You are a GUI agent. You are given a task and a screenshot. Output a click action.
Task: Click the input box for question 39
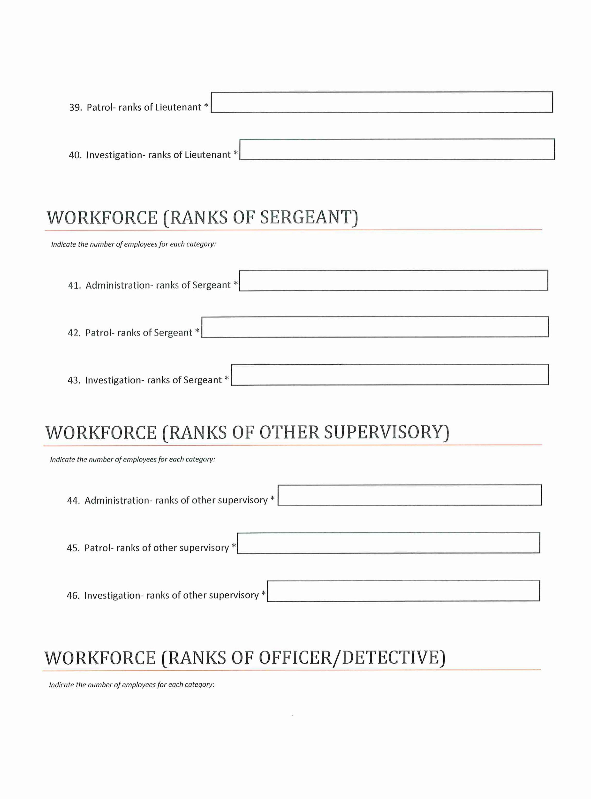point(381,102)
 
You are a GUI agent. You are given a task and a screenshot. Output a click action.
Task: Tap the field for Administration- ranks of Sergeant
point(393,281)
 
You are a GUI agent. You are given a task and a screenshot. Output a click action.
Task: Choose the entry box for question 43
point(390,375)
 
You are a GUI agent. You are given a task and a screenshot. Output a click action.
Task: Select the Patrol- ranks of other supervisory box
point(388,543)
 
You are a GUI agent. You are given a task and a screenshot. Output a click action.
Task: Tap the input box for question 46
point(403,591)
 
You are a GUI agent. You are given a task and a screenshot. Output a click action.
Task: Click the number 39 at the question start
point(75,107)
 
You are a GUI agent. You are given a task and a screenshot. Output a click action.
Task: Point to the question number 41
point(74,285)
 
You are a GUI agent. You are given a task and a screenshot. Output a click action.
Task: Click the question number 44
point(73,500)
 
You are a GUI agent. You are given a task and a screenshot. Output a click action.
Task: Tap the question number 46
point(73,595)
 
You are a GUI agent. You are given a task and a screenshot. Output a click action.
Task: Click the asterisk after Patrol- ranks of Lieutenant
point(206,106)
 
